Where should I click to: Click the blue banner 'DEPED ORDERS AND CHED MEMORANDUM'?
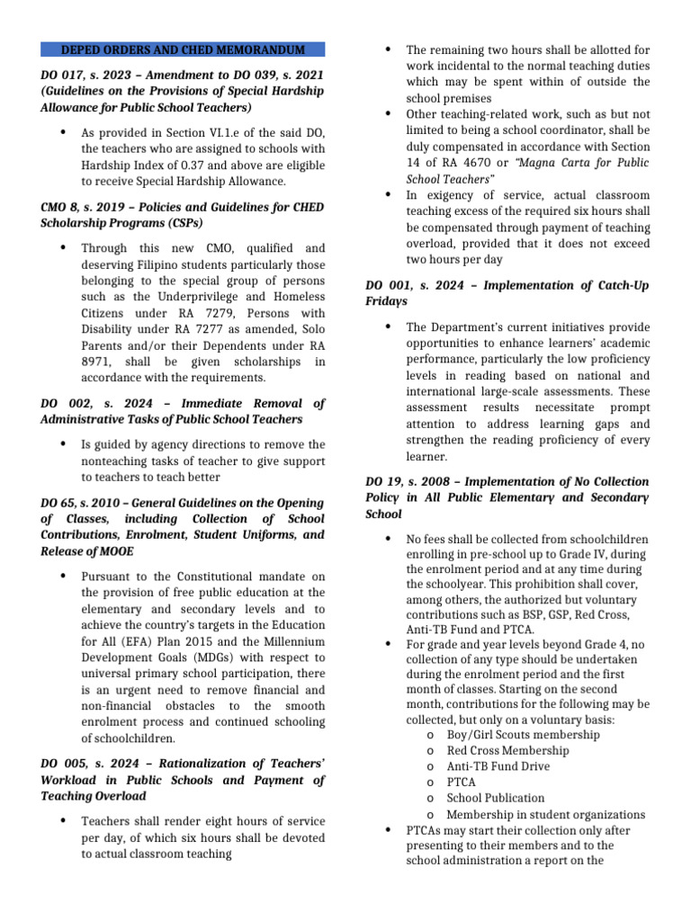pos(183,49)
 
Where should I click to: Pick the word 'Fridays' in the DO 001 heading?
pos(387,301)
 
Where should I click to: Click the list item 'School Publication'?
pos(496,798)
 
